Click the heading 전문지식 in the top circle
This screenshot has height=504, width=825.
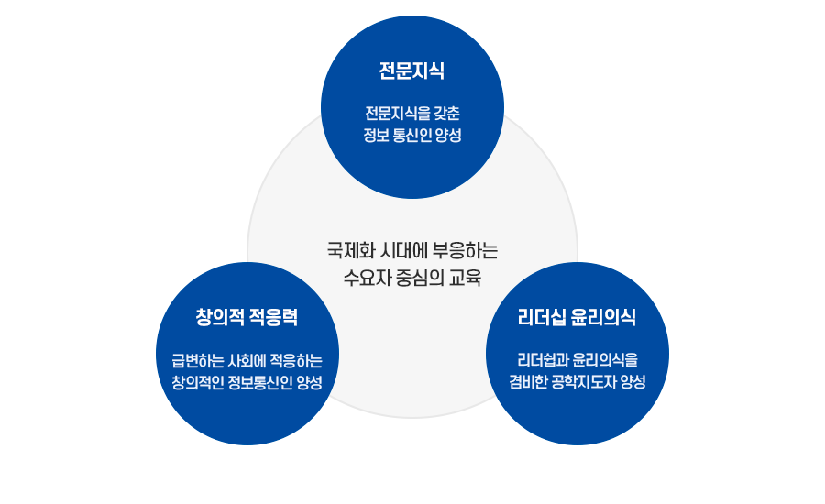pyautogui.click(x=412, y=71)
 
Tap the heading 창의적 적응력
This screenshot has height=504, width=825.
pyautogui.click(x=247, y=317)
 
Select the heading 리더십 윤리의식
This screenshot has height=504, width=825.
pyautogui.click(x=577, y=317)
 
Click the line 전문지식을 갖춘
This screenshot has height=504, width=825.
pyautogui.click(x=412, y=114)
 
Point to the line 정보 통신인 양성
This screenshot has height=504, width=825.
pyautogui.click(x=412, y=136)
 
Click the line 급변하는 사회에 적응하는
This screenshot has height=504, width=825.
pyautogui.click(x=247, y=360)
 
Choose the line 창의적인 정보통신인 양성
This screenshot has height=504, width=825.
pyautogui.click(x=247, y=382)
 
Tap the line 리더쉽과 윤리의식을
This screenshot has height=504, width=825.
pyautogui.click(x=577, y=360)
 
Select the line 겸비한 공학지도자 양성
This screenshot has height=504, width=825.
pyautogui.click(x=577, y=382)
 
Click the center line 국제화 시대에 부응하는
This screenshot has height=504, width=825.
pyautogui.click(x=412, y=249)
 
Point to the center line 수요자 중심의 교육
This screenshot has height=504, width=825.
pyautogui.click(x=412, y=277)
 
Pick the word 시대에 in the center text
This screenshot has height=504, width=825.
pyautogui.click(x=401, y=249)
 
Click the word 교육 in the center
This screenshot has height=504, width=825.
pyautogui.click(x=465, y=277)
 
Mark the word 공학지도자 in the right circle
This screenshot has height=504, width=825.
pyautogui.click(x=584, y=382)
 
